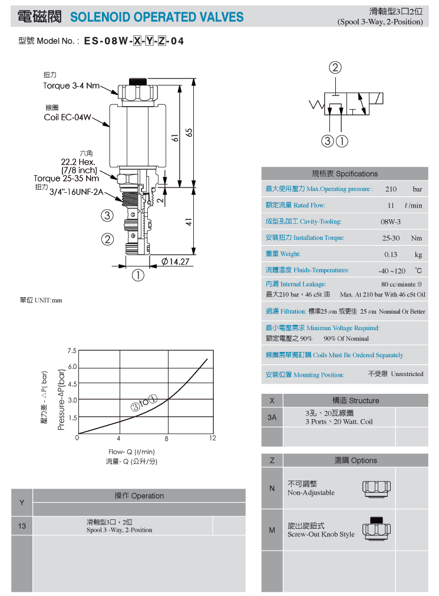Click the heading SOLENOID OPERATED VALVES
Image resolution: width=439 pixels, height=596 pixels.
(157, 17)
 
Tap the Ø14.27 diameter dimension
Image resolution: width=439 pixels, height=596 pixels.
(175, 262)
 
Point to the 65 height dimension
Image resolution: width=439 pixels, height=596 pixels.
(189, 133)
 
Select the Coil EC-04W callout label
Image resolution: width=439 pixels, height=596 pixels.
(67, 117)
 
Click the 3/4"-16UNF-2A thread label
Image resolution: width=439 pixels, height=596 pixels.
(77, 192)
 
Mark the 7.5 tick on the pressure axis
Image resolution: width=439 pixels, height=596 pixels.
(72, 350)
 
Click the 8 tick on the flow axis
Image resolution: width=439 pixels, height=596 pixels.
(167, 439)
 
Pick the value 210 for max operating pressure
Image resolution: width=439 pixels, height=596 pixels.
(391, 189)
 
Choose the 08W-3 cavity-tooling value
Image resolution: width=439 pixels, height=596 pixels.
(390, 222)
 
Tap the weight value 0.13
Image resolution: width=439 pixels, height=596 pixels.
(390, 255)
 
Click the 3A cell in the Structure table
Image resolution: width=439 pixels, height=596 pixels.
(272, 417)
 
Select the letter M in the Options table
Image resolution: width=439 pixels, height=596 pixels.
(272, 530)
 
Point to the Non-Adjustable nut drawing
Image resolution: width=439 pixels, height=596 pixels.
(377, 489)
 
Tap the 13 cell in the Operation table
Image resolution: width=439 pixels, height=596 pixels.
(22, 526)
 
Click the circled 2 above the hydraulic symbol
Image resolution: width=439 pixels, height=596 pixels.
(335, 68)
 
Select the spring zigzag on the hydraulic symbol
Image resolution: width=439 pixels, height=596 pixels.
(317, 104)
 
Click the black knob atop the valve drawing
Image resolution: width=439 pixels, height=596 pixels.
(137, 81)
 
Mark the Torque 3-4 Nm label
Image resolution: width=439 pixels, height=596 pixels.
(71, 86)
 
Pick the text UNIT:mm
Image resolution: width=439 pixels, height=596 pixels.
(48, 300)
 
